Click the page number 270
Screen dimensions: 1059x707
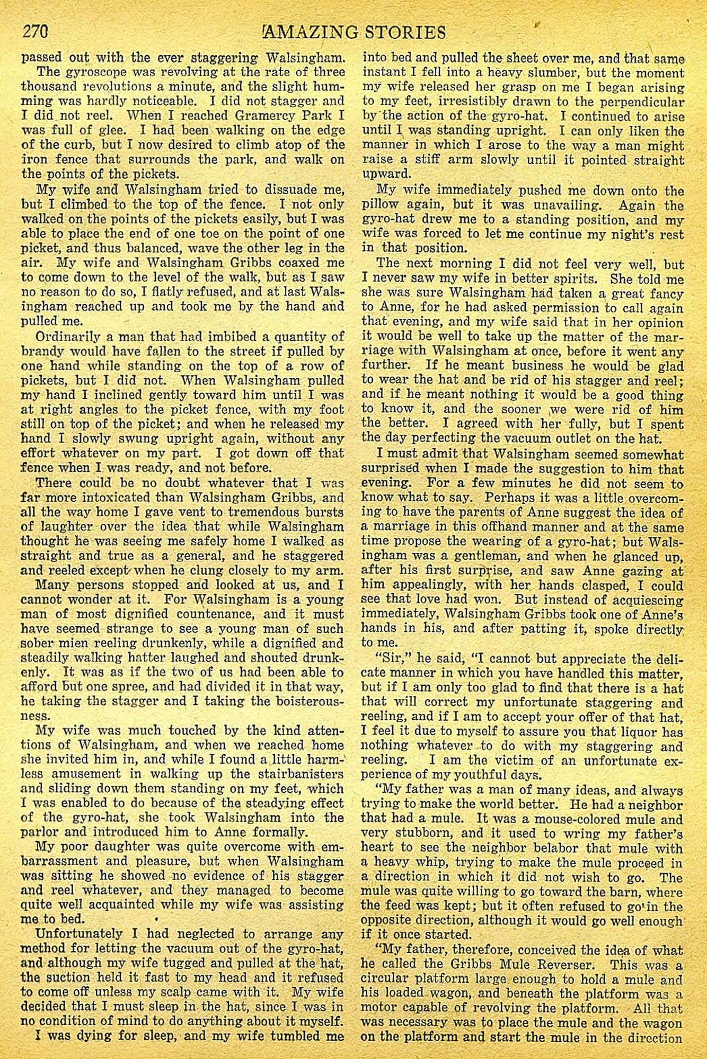pos(36,32)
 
